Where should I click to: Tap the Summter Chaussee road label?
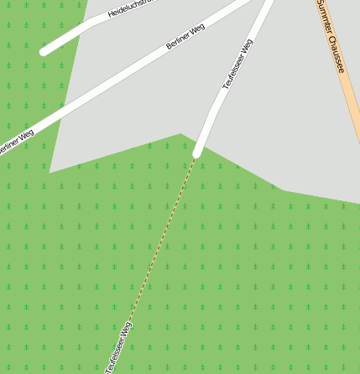331,37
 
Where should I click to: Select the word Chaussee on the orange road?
336,52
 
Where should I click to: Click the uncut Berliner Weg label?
185,37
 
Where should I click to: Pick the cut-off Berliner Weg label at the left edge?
15,143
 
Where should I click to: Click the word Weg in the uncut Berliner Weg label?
197,30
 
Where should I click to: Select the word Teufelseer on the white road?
233,72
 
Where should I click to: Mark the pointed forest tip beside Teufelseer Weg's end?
180,134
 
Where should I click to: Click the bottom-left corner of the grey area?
50,172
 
